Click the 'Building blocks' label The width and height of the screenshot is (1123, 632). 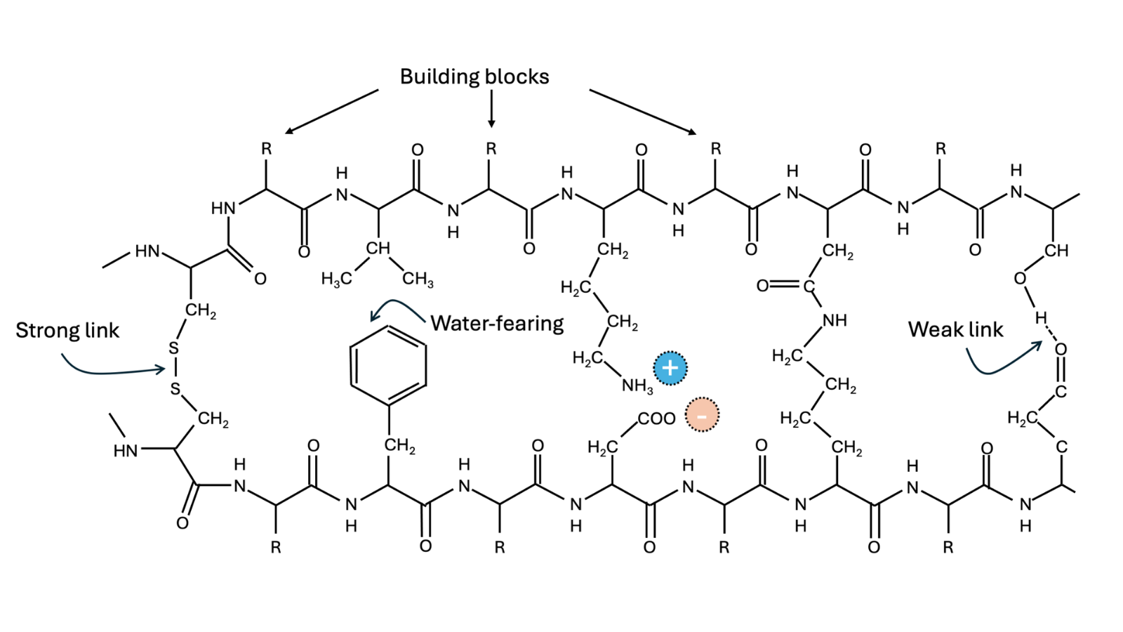tap(474, 77)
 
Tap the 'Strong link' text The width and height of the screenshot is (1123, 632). tap(67, 331)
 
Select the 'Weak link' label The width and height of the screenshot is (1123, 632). tap(955, 329)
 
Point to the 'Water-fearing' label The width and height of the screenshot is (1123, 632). tap(498, 324)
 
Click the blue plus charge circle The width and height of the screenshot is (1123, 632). tap(670, 368)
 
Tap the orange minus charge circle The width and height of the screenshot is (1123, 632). tap(702, 415)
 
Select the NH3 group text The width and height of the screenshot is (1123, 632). tap(637, 386)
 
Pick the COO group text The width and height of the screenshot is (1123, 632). tap(657, 419)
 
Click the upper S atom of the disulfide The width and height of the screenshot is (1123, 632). tap(173, 348)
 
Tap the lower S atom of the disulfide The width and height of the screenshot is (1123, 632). tap(175, 388)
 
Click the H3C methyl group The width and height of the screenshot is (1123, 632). tap(336, 279)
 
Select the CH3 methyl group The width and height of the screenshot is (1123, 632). tap(418, 279)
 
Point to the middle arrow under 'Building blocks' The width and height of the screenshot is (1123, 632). tap(491, 109)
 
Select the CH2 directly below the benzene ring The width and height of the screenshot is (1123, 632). tap(399, 446)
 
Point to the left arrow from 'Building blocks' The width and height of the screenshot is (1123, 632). tap(331, 112)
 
